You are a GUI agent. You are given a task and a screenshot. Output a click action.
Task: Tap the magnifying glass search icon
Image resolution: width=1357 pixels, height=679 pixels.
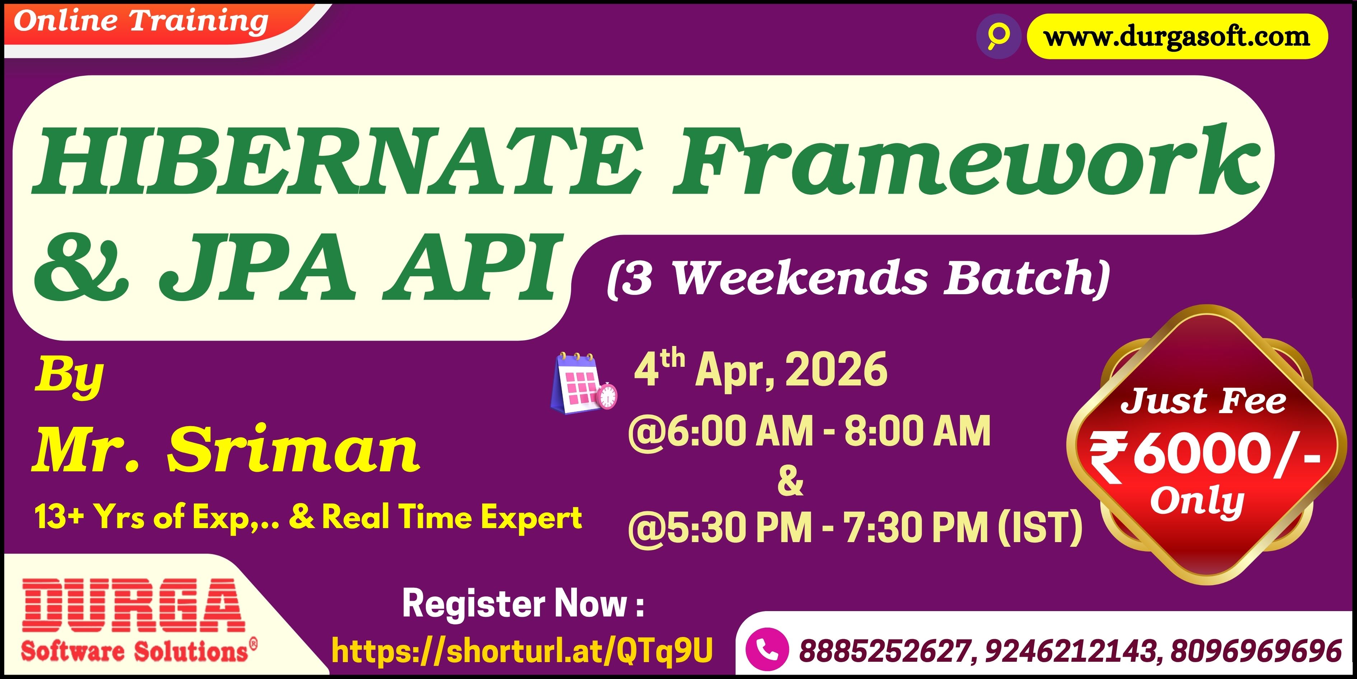pyautogui.click(x=998, y=36)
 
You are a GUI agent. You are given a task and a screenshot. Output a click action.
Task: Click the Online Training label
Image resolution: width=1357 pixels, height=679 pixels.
pyautogui.click(x=141, y=22)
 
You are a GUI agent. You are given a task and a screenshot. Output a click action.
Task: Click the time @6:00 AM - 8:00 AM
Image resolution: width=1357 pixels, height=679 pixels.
pyautogui.click(x=809, y=431)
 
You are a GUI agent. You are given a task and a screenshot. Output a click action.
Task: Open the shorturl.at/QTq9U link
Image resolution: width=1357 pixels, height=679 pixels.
pyautogui.click(x=522, y=651)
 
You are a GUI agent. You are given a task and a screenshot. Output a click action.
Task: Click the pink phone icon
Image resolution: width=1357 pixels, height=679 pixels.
pyautogui.click(x=767, y=650)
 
